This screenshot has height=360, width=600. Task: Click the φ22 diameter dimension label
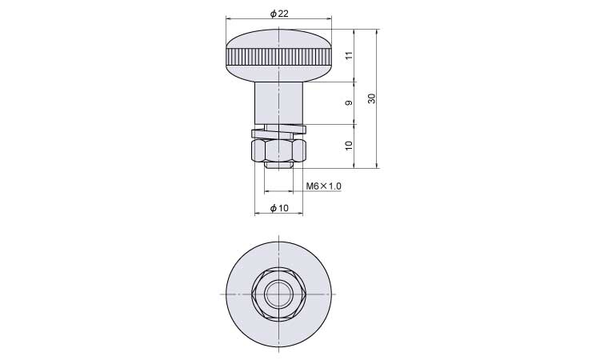[x=279, y=14]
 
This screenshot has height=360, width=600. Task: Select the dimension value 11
[x=349, y=54]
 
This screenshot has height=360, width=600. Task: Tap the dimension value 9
[x=349, y=103]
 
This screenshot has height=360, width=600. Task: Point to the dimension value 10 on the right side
[x=349, y=146]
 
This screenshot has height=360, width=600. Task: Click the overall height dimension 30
[x=371, y=98]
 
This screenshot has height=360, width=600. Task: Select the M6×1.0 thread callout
[x=324, y=186]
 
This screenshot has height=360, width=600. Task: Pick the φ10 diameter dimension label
[x=279, y=208]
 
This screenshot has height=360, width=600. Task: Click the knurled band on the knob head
[x=279, y=57]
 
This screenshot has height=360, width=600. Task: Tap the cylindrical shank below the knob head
[x=279, y=102]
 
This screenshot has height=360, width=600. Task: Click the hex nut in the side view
[x=279, y=150]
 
